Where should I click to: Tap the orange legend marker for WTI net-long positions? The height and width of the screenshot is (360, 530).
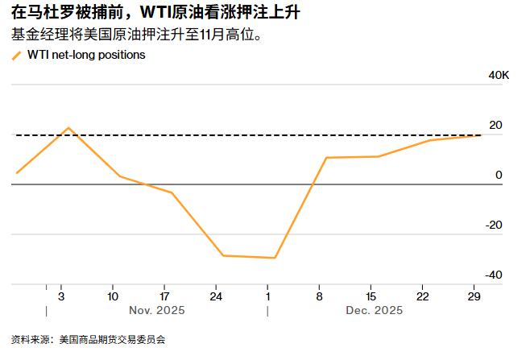(x=17, y=56)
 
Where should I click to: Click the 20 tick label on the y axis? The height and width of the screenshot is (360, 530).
(x=495, y=125)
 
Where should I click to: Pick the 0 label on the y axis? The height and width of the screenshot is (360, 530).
(x=499, y=175)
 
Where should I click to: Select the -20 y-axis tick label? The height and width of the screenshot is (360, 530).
(x=493, y=225)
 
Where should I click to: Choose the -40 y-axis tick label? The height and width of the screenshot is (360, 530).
(x=493, y=275)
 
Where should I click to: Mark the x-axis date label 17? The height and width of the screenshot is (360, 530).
(x=164, y=296)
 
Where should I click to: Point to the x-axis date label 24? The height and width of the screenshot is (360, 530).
(x=216, y=296)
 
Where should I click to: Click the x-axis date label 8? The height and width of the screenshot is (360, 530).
(x=320, y=296)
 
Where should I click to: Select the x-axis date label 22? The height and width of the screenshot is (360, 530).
(x=422, y=296)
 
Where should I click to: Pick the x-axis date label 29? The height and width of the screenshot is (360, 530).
(x=474, y=296)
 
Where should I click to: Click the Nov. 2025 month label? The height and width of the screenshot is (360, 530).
(x=157, y=311)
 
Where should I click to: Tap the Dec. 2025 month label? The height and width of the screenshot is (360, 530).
(x=375, y=311)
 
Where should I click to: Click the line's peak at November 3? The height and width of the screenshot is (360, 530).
(x=68, y=128)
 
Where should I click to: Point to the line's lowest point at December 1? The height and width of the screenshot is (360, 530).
(x=275, y=258)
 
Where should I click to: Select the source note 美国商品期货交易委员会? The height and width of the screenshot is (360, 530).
(x=118, y=339)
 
